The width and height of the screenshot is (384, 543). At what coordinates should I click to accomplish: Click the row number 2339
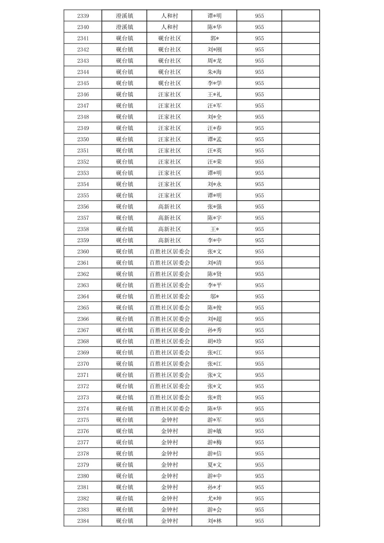[83, 16]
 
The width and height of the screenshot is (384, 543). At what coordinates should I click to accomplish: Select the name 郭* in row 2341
[215, 38]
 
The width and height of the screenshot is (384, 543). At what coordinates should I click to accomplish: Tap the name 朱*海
[215, 72]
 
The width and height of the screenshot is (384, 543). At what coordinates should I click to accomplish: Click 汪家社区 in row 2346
[169, 94]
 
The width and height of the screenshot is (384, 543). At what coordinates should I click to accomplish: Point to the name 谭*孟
[215, 139]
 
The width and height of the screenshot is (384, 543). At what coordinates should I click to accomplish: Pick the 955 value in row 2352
[259, 162]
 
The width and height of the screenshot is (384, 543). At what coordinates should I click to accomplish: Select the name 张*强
[215, 206]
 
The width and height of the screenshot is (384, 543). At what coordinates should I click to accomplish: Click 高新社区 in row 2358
[169, 229]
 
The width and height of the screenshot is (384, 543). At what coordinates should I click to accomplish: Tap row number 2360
[83, 251]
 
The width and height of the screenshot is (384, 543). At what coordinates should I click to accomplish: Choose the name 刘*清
[215, 263]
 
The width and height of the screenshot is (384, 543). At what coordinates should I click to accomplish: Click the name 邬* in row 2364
[215, 297]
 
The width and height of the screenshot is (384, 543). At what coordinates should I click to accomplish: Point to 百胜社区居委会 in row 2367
[169, 330]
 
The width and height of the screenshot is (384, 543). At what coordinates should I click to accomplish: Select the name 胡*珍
[215, 341]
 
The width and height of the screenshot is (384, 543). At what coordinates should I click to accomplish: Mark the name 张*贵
[215, 397]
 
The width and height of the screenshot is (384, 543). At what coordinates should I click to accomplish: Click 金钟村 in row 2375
[169, 420]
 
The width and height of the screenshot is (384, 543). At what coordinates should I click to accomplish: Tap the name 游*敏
[215, 431]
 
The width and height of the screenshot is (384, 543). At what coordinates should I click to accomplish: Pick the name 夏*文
[215, 465]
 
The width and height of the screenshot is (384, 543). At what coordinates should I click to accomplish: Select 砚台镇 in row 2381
[124, 487]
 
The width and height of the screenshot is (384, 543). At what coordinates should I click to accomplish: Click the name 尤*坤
[215, 498]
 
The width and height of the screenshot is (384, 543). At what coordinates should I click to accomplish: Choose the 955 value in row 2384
[259, 521]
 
